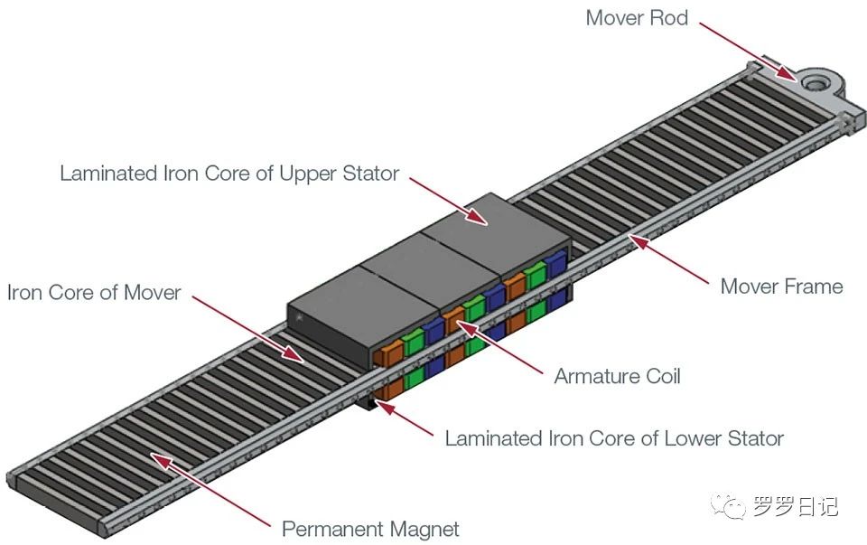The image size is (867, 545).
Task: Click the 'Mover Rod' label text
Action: tap(636, 18)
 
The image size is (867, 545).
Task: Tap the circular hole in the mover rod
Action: tap(816, 82)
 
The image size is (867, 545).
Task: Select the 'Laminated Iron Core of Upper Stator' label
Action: tap(229, 174)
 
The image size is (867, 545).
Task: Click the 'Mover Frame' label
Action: tap(781, 287)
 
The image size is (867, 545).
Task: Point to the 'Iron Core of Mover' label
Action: tap(94, 293)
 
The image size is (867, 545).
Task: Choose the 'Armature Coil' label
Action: tap(617, 375)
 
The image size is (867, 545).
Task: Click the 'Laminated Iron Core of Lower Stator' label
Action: tap(614, 439)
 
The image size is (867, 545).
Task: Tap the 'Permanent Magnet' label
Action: tap(371, 529)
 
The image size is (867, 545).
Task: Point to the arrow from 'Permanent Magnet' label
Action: tap(209, 492)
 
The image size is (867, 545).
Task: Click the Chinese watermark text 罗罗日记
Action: tap(796, 507)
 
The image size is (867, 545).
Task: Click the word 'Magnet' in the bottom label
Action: tap(421, 529)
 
